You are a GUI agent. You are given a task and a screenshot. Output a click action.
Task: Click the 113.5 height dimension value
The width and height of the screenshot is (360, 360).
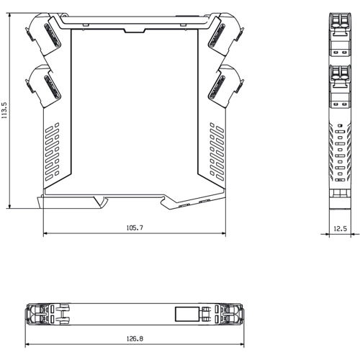(5, 110)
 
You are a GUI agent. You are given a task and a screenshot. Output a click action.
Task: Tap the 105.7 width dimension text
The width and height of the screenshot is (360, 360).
(135, 228)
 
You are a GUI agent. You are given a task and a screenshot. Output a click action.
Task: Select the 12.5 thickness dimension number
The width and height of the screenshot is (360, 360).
(341, 228)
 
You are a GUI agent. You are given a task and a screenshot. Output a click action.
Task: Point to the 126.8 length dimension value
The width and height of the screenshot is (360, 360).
(135, 338)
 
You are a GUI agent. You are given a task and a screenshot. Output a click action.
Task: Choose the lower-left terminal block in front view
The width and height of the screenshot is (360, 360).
(43, 86)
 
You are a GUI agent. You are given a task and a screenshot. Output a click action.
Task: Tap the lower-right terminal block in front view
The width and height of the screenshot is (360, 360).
(225, 86)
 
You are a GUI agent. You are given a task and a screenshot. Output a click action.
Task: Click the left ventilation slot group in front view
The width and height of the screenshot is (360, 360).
(53, 152)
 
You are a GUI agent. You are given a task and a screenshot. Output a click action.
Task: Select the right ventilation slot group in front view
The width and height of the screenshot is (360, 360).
(217, 152)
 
